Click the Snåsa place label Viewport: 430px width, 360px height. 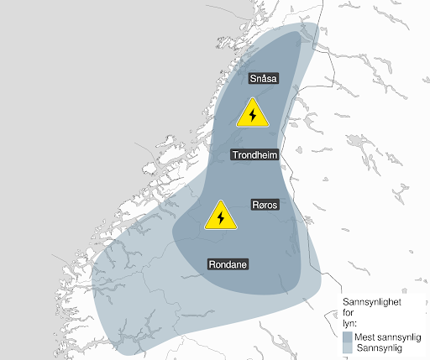(x=264, y=79)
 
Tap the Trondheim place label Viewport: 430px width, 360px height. (x=255, y=154)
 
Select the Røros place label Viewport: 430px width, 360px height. (x=265, y=205)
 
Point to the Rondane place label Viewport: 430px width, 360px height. (x=228, y=263)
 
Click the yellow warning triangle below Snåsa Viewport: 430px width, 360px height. (x=252, y=114)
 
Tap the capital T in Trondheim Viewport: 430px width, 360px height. (x=236, y=154)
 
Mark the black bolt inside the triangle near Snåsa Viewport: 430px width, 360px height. (x=252, y=116)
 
